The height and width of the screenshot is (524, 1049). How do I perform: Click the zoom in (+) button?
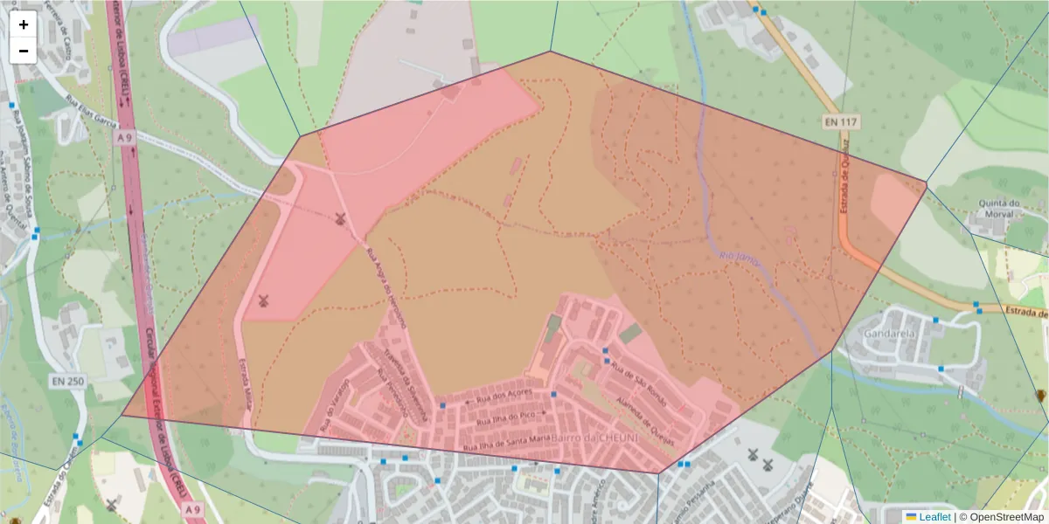click(x=23, y=24)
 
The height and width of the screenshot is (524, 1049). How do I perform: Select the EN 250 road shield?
click(x=67, y=381)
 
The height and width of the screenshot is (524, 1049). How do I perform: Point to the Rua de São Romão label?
click(x=638, y=383)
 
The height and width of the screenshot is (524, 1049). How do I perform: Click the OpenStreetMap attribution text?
click(x=1004, y=516)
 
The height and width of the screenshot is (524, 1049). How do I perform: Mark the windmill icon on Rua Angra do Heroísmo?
click(x=341, y=218)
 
